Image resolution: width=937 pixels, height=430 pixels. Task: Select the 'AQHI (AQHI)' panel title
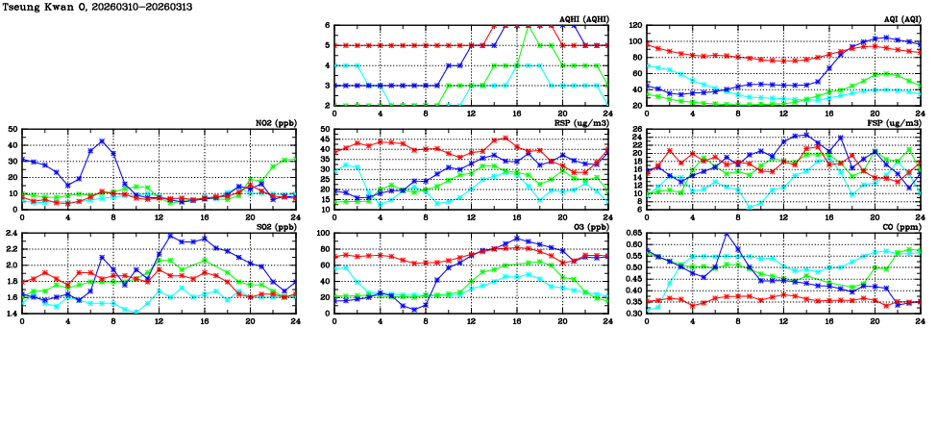(x=579, y=18)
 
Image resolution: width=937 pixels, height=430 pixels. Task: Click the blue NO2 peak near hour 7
(x=102, y=141)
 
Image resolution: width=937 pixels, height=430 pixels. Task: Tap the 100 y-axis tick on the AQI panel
(x=635, y=41)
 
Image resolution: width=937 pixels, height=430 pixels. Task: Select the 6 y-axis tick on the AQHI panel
(x=328, y=26)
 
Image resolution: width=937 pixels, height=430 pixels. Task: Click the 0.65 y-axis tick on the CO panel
(x=631, y=234)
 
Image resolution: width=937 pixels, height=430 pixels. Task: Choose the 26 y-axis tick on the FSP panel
(x=637, y=130)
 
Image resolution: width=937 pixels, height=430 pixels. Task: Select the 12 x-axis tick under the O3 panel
(x=471, y=320)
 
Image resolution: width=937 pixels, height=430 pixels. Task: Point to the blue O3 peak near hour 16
(x=517, y=239)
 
